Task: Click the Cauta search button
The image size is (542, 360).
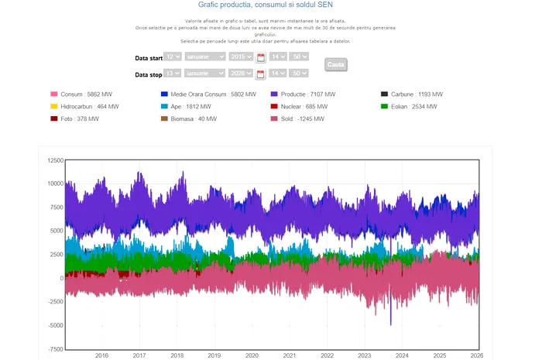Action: click(x=336, y=64)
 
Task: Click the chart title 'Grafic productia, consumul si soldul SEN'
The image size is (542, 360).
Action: click(x=270, y=5)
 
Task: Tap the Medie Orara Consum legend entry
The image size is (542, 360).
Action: click(x=208, y=94)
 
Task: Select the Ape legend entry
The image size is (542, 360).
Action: click(x=194, y=106)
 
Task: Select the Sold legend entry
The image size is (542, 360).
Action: click(x=303, y=119)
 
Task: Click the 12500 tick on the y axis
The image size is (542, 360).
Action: click(x=53, y=160)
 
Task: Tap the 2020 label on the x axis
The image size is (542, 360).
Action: click(x=252, y=355)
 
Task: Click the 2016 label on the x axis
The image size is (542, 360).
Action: click(x=101, y=355)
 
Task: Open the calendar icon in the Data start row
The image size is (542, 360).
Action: click(x=261, y=57)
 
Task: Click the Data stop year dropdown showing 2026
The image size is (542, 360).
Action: click(x=241, y=73)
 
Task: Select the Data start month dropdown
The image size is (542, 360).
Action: click(x=205, y=57)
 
